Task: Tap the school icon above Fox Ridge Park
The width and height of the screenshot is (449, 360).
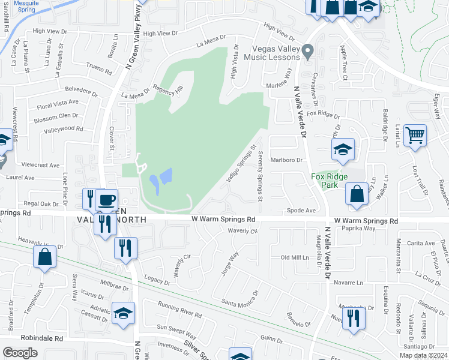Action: (x=342, y=150)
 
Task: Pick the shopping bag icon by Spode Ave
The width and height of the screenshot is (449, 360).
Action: (x=357, y=194)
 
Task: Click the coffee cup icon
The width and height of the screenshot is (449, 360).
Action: (x=106, y=200)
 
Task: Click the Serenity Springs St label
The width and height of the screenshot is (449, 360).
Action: (x=261, y=176)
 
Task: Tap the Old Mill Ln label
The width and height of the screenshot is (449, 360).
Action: (x=298, y=257)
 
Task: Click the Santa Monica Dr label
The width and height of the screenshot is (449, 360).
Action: (x=240, y=299)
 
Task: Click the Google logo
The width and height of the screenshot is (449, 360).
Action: (x=20, y=352)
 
